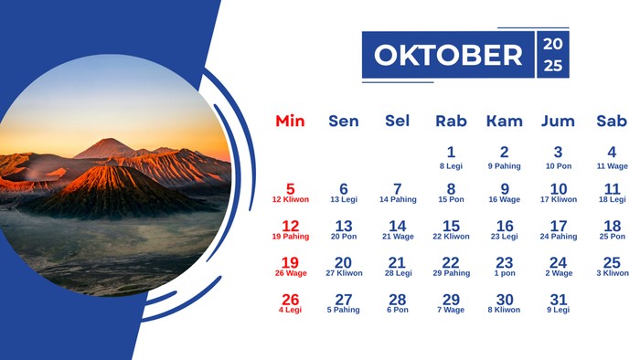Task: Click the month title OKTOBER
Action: tap(448, 55)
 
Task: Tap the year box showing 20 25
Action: tap(554, 55)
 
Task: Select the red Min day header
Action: tap(290, 121)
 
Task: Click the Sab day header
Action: tap(612, 121)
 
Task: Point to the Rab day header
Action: tap(451, 121)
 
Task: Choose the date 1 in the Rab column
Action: tap(451, 153)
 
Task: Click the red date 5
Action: tap(290, 189)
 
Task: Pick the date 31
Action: tap(559, 300)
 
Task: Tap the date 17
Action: tap(559, 226)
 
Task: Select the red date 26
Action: tap(290, 300)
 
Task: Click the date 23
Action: tap(505, 263)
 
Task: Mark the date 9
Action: tap(505, 189)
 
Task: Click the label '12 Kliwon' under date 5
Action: tap(290, 200)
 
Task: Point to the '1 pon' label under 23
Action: tap(505, 273)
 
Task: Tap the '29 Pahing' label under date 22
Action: tap(451, 273)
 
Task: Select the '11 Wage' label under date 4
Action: tap(612, 166)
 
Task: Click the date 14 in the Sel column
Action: tap(397, 226)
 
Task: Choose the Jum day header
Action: tap(558, 121)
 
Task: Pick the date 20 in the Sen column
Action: tap(344, 263)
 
